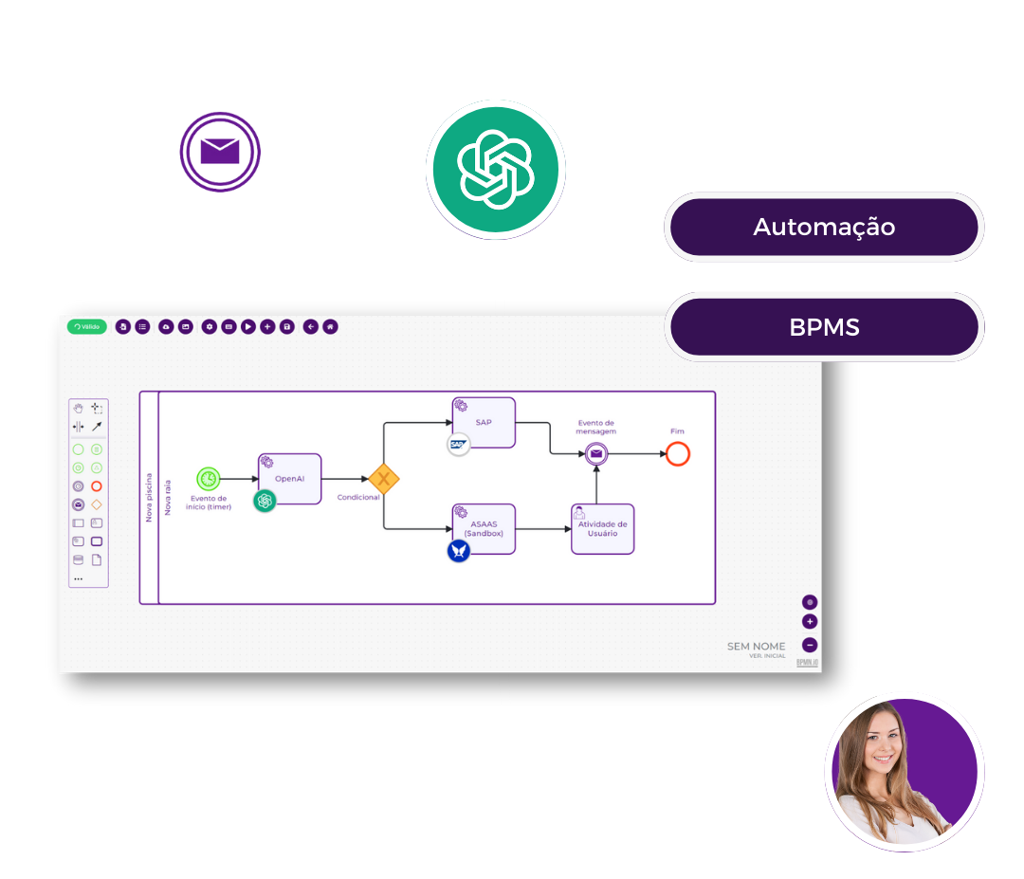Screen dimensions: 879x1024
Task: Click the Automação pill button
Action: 823,228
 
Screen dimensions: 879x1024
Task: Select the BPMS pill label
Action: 823,327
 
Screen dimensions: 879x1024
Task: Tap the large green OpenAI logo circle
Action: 495,168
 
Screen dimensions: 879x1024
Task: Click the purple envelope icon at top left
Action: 220,152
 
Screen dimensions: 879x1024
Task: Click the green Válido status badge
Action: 86,326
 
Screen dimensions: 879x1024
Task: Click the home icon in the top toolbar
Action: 330,326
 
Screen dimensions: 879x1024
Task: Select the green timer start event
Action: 208,479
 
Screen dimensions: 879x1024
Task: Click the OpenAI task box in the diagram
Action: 289,479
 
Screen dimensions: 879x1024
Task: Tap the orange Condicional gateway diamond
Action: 384,479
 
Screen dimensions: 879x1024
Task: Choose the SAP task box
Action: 484,422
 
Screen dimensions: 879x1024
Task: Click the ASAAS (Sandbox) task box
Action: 484,528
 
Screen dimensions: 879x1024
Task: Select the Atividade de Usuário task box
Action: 602,528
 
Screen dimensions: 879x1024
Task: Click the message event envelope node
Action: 595,454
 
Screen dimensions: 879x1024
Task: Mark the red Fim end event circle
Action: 677,454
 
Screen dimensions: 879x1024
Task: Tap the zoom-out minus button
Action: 810,645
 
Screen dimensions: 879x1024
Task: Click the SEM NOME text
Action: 756,647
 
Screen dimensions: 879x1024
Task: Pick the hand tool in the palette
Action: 79,408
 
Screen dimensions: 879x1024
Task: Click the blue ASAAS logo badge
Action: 459,550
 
